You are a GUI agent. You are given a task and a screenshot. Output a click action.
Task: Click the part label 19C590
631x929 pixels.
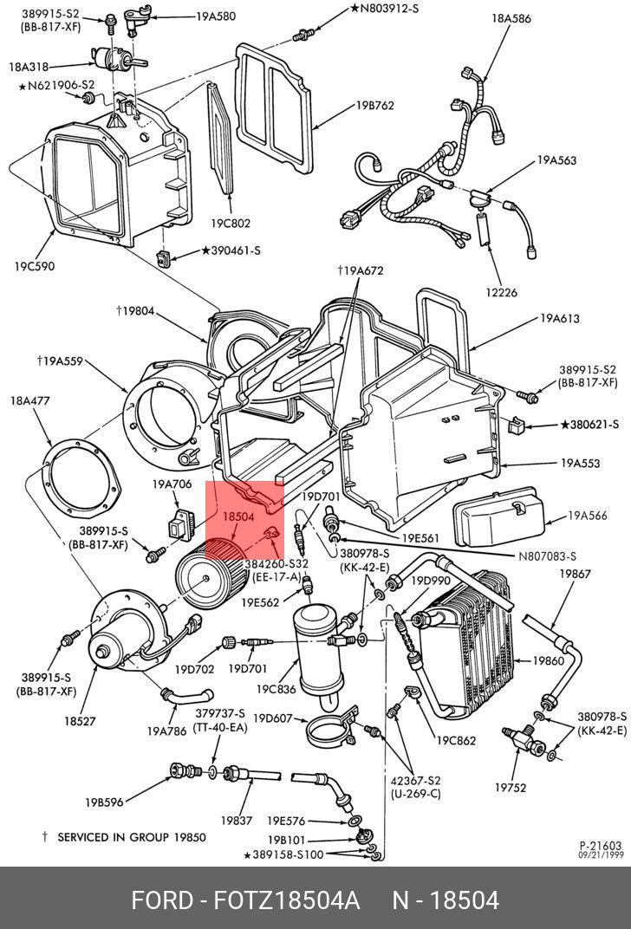coord(33,266)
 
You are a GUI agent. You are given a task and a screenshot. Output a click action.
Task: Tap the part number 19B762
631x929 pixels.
coord(374,106)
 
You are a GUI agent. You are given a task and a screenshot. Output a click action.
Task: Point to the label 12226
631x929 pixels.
coord(501,293)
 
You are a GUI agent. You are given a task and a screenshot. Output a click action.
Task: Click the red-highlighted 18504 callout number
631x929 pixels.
coord(237,516)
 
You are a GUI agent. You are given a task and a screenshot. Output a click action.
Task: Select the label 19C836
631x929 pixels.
coord(276,690)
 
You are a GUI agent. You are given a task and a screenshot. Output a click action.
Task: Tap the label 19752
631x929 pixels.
coord(511,788)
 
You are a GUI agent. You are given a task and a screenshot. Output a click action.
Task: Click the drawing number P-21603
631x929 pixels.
coord(600,846)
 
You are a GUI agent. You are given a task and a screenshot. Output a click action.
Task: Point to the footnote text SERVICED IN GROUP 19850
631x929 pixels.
coord(131,837)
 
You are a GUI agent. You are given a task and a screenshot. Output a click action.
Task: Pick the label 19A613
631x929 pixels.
coord(560,319)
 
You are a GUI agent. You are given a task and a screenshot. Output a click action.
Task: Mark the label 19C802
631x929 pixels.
coord(231,223)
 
